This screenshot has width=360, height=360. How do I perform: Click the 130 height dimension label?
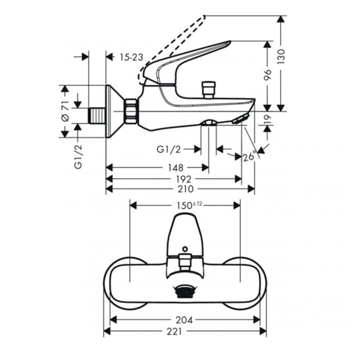pyautogui.click(x=281, y=56)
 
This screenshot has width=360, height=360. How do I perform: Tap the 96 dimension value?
pyautogui.click(x=267, y=75)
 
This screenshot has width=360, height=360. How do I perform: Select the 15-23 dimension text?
pyautogui.click(x=131, y=57)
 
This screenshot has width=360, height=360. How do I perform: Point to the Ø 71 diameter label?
pyautogui.click(x=65, y=111)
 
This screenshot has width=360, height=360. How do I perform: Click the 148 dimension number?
pyautogui.click(x=175, y=168)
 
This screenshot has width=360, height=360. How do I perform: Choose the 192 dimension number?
pyautogui.click(x=184, y=179)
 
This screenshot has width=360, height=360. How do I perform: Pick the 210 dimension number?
pyautogui.click(x=186, y=189)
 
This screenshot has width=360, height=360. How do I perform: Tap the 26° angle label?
pyautogui.click(x=249, y=156)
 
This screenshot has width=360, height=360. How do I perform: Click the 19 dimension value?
pyautogui.click(x=267, y=120)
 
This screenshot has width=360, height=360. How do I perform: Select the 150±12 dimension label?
pyautogui.click(x=189, y=205)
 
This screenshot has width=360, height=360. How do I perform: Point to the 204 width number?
pyautogui.click(x=184, y=320)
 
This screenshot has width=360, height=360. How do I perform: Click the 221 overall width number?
pyautogui.click(x=174, y=331)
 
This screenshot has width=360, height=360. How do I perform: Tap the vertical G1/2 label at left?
pyautogui.click(x=78, y=157)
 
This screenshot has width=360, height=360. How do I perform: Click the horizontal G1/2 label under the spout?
pyautogui.click(x=168, y=149)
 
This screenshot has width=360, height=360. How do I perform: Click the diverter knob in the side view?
pyautogui.click(x=208, y=90)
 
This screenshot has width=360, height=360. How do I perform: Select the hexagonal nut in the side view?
pyautogui.click(x=131, y=111)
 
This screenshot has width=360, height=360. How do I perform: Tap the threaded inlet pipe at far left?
pyautogui.click(x=97, y=116)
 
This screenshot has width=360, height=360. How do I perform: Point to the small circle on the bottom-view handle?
pyautogui.click(x=185, y=249)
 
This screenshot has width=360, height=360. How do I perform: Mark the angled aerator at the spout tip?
pyautogui.click(x=241, y=118)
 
